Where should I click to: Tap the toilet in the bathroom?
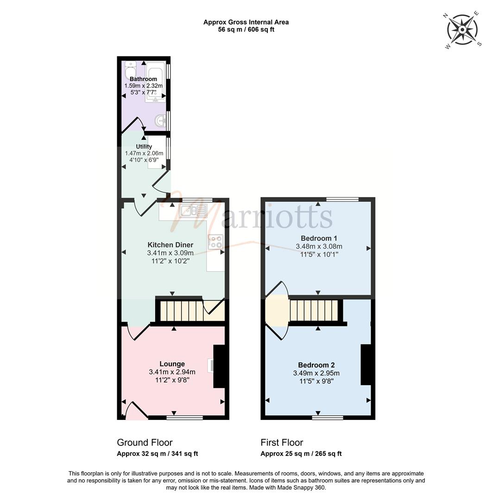coord(131,69)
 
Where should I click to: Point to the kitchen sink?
coord(193,211)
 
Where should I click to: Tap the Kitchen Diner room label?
coord(170,245)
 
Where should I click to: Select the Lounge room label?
coord(172,364)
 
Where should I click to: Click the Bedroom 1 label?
coord(319,238)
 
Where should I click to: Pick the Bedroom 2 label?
coord(316,365)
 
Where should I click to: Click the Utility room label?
coord(144,146)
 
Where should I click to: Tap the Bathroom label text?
coord(143,79)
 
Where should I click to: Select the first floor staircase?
coord(314,310)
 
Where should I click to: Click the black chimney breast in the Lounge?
coord(219,366)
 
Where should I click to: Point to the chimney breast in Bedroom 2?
coord(366,364)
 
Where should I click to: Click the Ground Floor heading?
coord(145,443)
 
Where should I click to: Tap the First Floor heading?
coord(282,443)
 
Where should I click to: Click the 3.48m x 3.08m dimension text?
coord(319,246)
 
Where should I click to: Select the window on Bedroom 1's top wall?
coord(342,200)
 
